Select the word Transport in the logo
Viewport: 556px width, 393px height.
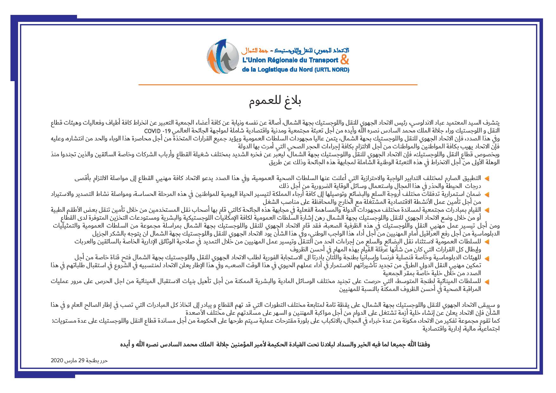tap(320, 60)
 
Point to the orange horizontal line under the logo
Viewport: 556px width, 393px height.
tap(278, 85)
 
